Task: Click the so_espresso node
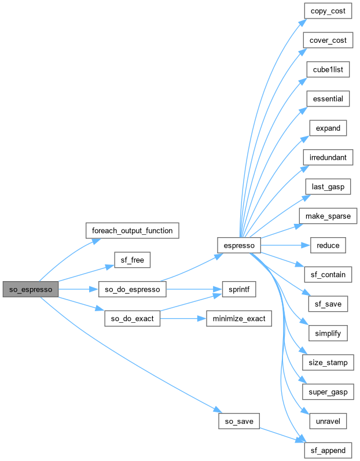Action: pos(30,289)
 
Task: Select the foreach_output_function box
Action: pos(131,230)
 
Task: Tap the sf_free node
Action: pos(132,260)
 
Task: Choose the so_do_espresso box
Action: pos(133,289)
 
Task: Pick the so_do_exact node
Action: pos(133,319)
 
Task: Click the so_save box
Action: pos(238,421)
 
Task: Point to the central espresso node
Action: pos(238,245)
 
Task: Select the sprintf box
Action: pos(238,289)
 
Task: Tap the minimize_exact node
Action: pos(238,319)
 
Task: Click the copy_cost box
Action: pos(328,11)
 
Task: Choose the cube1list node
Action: pos(328,69)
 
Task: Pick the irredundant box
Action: pos(328,157)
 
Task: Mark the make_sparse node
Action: pos(328,216)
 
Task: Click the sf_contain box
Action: pos(328,275)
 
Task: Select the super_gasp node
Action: pos(328,392)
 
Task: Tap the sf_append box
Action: pos(328,450)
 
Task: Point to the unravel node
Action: pos(328,421)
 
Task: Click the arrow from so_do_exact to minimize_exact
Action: pos(183,319)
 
